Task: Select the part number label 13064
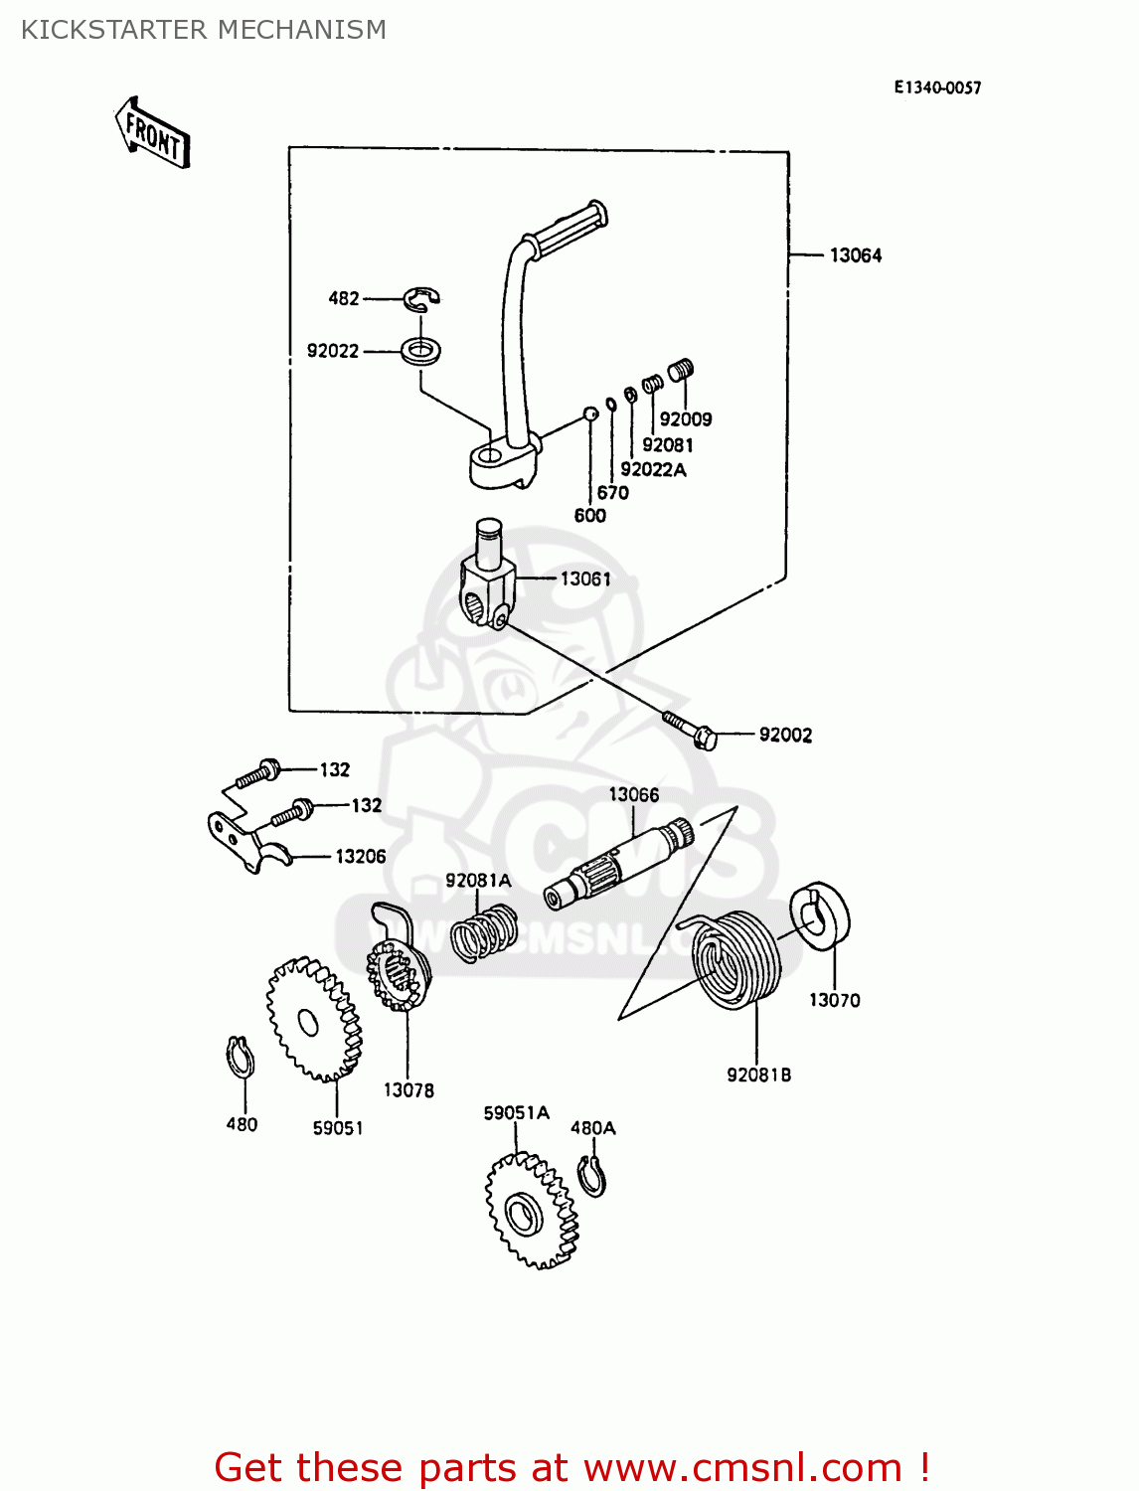[855, 255]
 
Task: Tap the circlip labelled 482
[422, 297]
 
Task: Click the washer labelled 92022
[422, 350]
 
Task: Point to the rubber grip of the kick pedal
[567, 226]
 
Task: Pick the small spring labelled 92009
[680, 371]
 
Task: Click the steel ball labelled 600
[589, 414]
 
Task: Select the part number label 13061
[585, 579]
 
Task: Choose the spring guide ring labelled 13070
[821, 915]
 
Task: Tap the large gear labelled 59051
[313, 1020]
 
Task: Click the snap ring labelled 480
[240, 1057]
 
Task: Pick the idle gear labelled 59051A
[531, 1211]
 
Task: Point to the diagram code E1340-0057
[937, 87]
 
